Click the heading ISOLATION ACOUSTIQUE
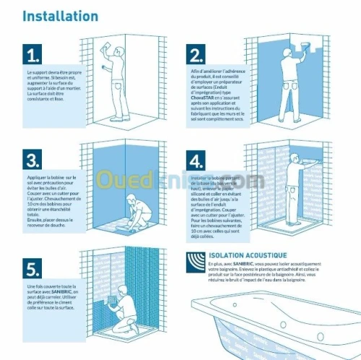248,255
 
